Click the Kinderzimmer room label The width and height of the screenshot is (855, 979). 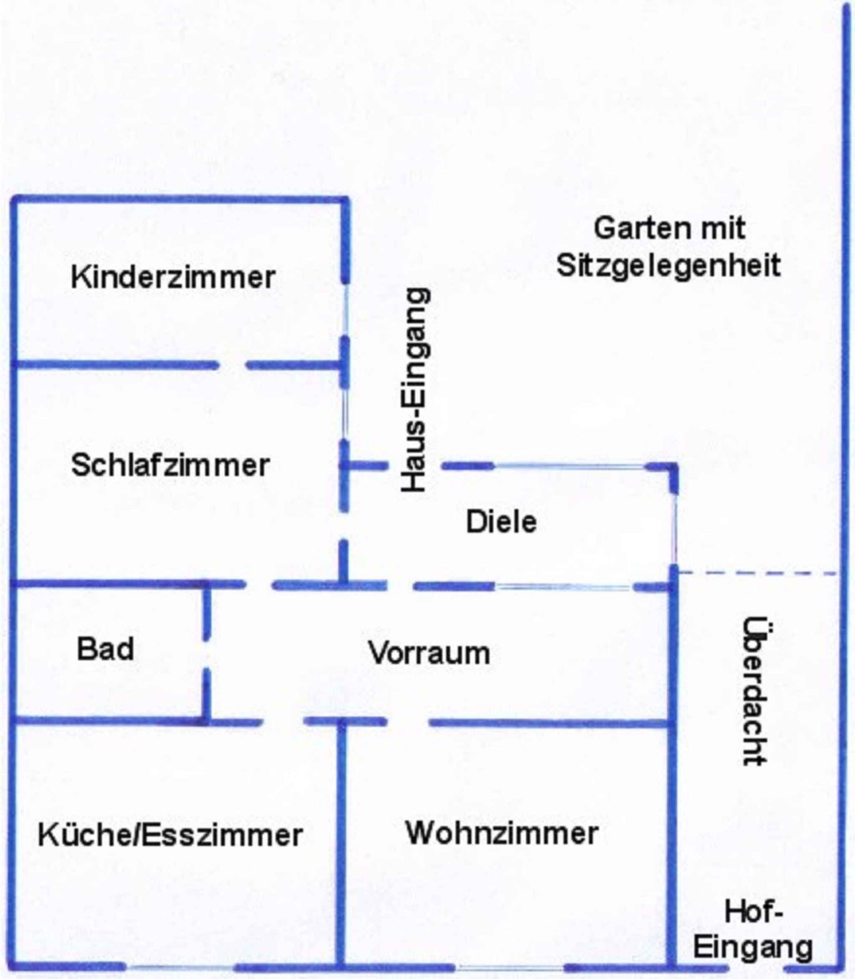pyautogui.click(x=173, y=277)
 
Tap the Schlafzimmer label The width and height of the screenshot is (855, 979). pyautogui.click(x=170, y=465)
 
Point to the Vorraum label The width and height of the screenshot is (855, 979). pyautogui.click(x=429, y=652)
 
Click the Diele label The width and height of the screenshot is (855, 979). pyautogui.click(x=501, y=521)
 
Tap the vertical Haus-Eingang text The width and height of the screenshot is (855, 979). pyautogui.click(x=414, y=389)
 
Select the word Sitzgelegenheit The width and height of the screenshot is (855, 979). pyautogui.click(x=668, y=266)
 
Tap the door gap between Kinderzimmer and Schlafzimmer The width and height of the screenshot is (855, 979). pyautogui.click(x=233, y=365)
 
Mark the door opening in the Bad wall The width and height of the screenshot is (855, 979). pyautogui.click(x=207, y=654)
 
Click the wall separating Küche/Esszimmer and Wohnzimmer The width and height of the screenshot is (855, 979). pyautogui.click(x=340, y=840)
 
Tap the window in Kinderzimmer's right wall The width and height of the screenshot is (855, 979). pyautogui.click(x=345, y=310)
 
